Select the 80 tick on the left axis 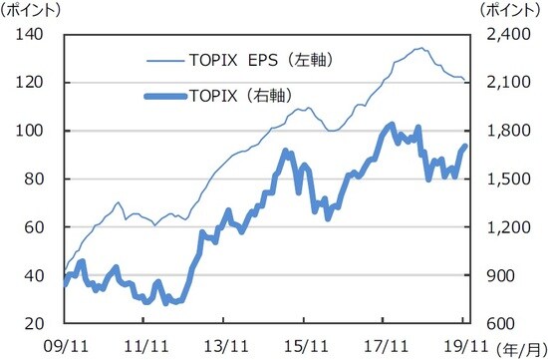point(40,180)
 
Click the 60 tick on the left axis point(40,227)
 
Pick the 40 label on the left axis point(40,276)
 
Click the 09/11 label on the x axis point(63,344)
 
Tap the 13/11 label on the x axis point(224,344)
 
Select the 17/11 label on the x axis point(384,344)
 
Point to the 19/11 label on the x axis point(464,344)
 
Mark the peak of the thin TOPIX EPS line point(421,48)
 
